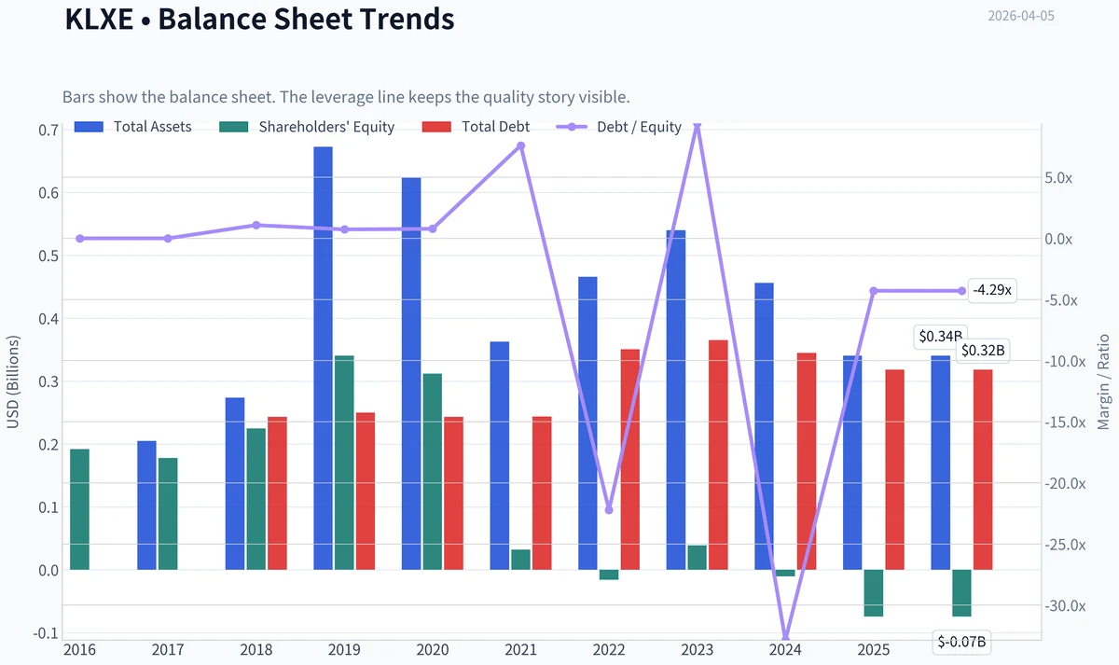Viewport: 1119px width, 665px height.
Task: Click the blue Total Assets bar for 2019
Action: [323, 358]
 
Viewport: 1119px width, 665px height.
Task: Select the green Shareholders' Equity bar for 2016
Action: [79, 509]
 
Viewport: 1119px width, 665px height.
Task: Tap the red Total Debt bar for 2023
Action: [718, 454]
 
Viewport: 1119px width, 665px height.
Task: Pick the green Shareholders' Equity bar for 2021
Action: [520, 560]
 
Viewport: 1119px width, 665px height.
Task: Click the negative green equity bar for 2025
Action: [873, 593]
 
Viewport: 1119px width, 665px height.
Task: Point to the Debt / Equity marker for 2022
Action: [609, 510]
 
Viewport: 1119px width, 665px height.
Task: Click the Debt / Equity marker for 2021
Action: [521, 145]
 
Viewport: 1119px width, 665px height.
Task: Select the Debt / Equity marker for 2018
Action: [256, 226]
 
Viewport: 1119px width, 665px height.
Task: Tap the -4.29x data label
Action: [992, 290]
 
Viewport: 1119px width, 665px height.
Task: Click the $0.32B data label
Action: [983, 351]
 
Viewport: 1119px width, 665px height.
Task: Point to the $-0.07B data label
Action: [961, 642]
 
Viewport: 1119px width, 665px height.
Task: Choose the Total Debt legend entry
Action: [476, 127]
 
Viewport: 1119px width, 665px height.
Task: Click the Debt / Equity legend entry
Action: [619, 127]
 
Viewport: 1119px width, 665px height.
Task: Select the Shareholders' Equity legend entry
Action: [307, 127]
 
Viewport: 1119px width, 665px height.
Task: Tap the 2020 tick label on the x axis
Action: [433, 649]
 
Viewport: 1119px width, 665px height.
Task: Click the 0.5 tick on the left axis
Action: [48, 256]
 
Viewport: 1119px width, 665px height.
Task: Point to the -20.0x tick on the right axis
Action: [1065, 484]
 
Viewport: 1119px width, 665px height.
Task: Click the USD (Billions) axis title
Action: [12, 381]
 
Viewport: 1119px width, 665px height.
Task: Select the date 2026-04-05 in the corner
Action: [1021, 16]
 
